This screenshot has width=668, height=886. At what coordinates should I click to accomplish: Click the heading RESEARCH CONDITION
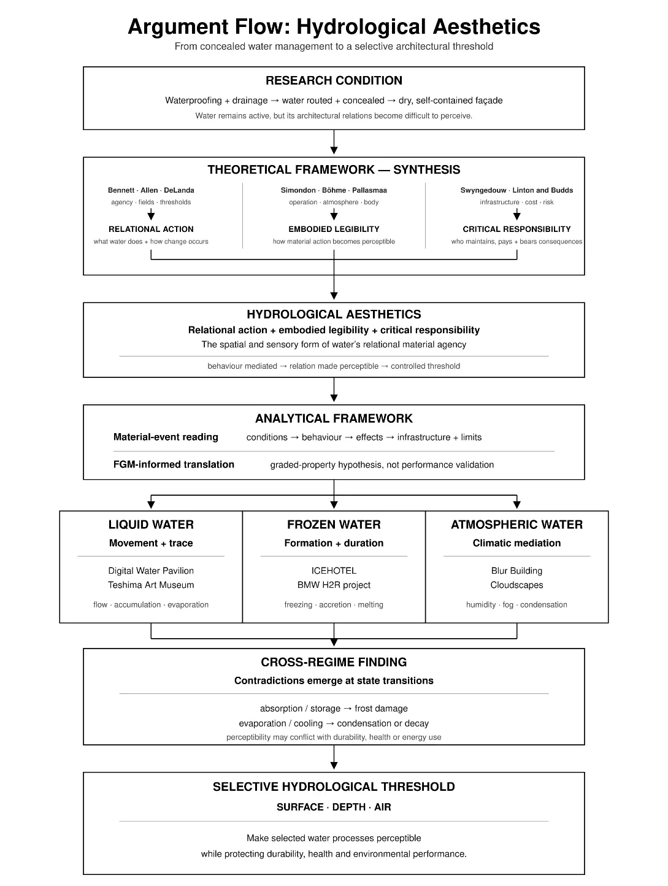334,80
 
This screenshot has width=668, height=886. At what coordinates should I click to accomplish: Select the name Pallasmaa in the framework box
369,190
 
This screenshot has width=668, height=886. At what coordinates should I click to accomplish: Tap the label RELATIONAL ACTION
151,229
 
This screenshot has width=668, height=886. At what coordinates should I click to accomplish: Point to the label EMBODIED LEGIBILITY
334,229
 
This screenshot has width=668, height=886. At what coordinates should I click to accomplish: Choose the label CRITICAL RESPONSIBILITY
516,229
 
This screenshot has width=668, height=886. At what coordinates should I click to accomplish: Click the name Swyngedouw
483,190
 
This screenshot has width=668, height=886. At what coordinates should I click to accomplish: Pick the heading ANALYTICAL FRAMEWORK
334,418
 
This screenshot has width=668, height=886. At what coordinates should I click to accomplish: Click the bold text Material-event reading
166,437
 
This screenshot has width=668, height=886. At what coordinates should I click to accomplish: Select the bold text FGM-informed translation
174,464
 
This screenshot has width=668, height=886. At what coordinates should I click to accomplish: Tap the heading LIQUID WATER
151,525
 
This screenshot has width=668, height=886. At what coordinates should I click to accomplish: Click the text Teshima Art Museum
151,585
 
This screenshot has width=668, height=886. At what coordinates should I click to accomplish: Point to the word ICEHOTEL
334,571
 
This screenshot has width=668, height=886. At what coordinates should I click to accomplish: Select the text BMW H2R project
334,585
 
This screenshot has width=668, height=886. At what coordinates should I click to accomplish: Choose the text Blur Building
516,571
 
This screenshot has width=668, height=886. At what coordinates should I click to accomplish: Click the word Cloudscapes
516,585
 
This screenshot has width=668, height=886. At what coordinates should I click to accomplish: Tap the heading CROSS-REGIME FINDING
334,662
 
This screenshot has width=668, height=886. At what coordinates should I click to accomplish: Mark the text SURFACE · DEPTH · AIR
334,807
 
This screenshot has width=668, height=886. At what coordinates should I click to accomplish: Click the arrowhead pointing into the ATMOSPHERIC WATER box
516,504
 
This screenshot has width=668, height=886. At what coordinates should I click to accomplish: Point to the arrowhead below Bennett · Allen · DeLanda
151,216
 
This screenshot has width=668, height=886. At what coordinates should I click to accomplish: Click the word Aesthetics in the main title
486,26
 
